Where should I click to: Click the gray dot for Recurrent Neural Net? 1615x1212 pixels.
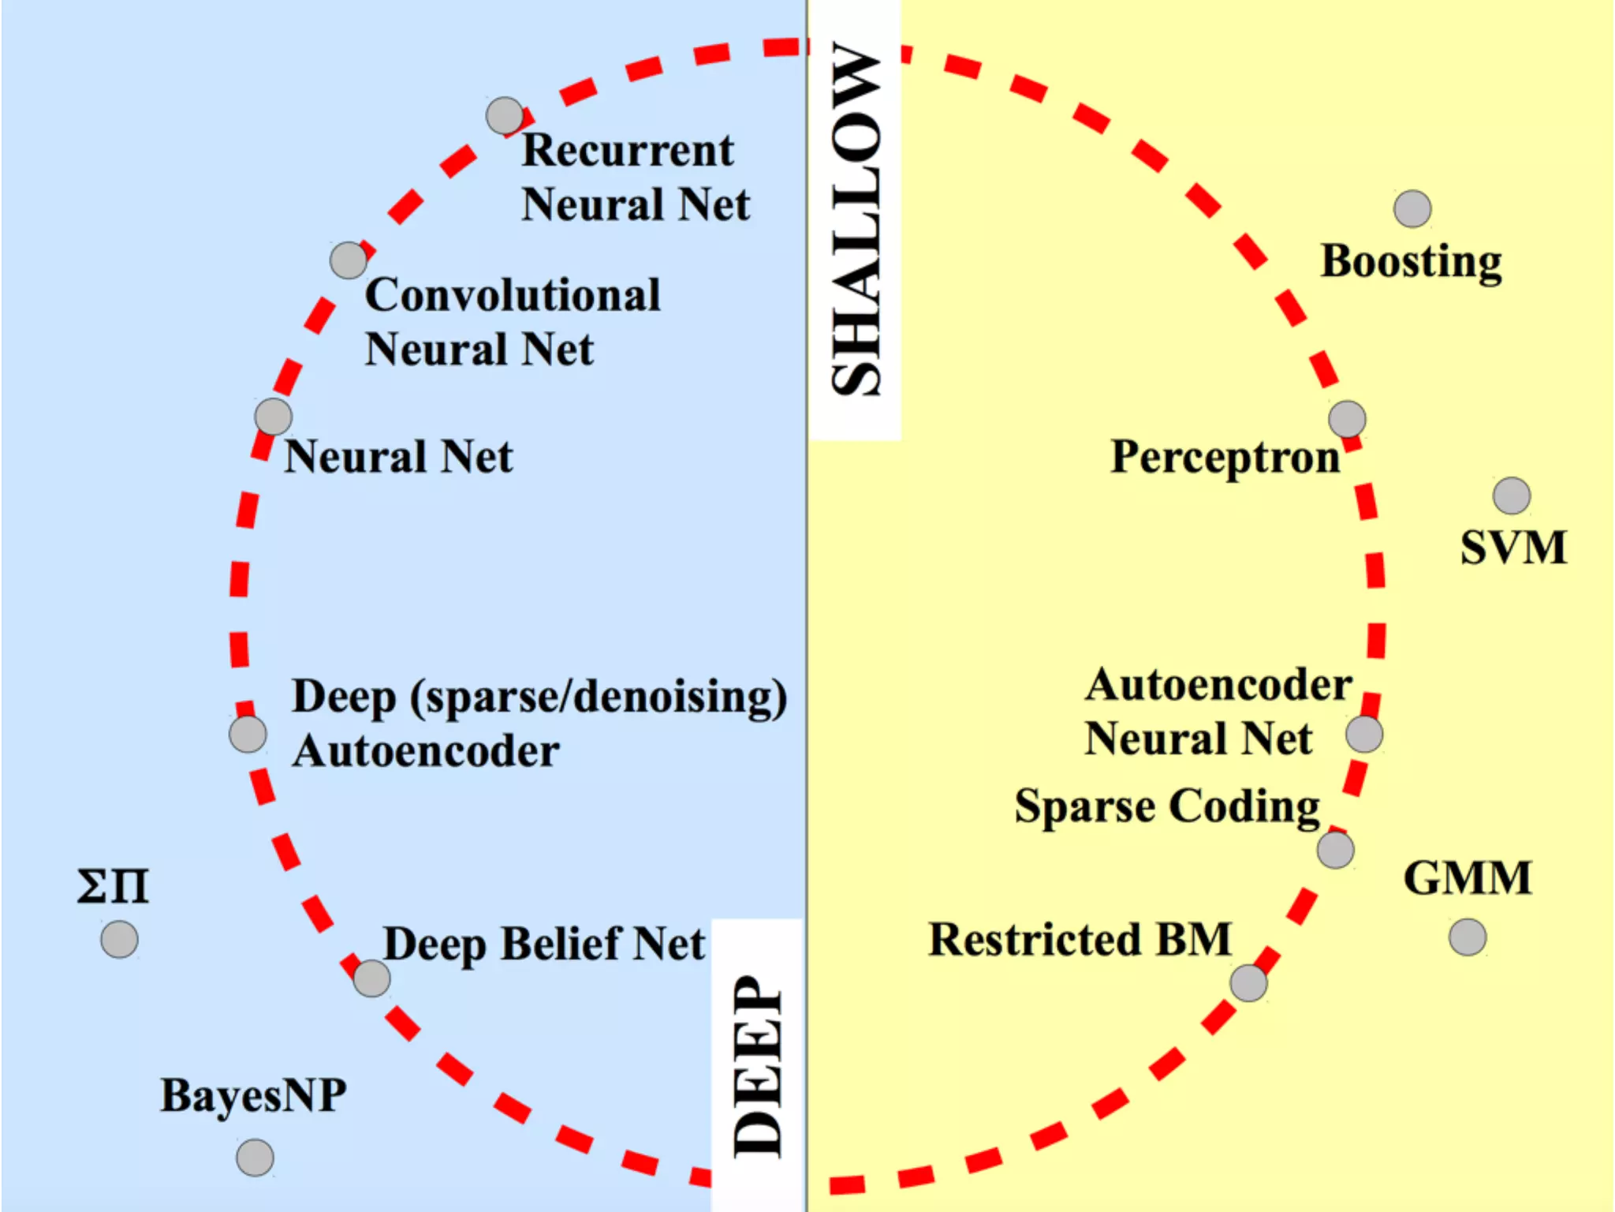[x=505, y=116]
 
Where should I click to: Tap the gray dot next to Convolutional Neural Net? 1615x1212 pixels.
[x=349, y=260]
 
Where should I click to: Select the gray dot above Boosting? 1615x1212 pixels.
[x=1412, y=209]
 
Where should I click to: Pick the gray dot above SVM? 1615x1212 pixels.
[x=1512, y=496]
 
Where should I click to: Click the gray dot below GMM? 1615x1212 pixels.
[x=1468, y=937]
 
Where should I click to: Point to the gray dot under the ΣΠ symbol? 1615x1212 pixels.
[x=120, y=939]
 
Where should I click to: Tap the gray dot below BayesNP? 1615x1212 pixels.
[x=255, y=1158]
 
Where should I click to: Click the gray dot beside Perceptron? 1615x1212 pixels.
[x=1347, y=418]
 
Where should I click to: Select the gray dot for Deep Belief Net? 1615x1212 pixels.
[x=371, y=978]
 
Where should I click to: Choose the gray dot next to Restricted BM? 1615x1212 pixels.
[x=1249, y=982]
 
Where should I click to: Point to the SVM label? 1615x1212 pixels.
[x=1513, y=548]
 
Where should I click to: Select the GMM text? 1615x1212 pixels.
[x=1468, y=878]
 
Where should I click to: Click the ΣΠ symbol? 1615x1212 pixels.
[x=113, y=886]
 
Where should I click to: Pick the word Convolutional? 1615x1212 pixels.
[x=513, y=295]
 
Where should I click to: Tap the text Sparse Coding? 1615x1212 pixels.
[x=1167, y=806]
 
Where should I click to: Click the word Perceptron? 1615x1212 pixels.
[x=1225, y=457]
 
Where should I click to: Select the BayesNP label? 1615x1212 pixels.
[x=253, y=1095]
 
